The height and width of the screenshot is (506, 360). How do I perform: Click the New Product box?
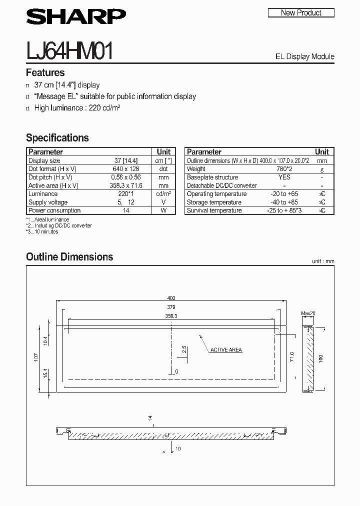pyautogui.click(x=301, y=13)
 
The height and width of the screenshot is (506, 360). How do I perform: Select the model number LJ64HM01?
pyautogui.click(x=69, y=51)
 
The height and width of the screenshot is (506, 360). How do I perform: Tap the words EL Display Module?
pyautogui.click(x=304, y=56)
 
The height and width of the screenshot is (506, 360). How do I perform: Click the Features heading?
pyautogui.click(x=45, y=72)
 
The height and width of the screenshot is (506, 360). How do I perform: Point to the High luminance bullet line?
pyautogui.click(x=77, y=108)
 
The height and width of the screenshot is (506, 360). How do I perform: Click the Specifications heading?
pyautogui.click(x=57, y=137)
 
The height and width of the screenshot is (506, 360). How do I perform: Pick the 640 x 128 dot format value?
pyautogui.click(x=126, y=169)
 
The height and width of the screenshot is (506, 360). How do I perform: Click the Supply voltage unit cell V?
pyautogui.click(x=163, y=202)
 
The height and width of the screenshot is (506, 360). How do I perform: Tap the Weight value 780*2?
pyautogui.click(x=284, y=169)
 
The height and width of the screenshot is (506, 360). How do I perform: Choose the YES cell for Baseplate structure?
pyautogui.click(x=284, y=177)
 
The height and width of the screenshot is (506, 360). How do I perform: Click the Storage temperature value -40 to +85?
pyautogui.click(x=284, y=202)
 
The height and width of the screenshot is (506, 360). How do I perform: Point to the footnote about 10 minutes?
pyautogui.click(x=42, y=231)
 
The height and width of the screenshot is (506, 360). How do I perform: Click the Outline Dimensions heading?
pyautogui.click(x=69, y=257)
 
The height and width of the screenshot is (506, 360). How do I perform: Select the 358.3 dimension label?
pyautogui.click(x=172, y=316)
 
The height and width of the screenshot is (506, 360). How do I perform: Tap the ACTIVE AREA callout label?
pyautogui.click(x=226, y=350)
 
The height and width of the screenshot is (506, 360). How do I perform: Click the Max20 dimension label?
pyautogui.click(x=308, y=314)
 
